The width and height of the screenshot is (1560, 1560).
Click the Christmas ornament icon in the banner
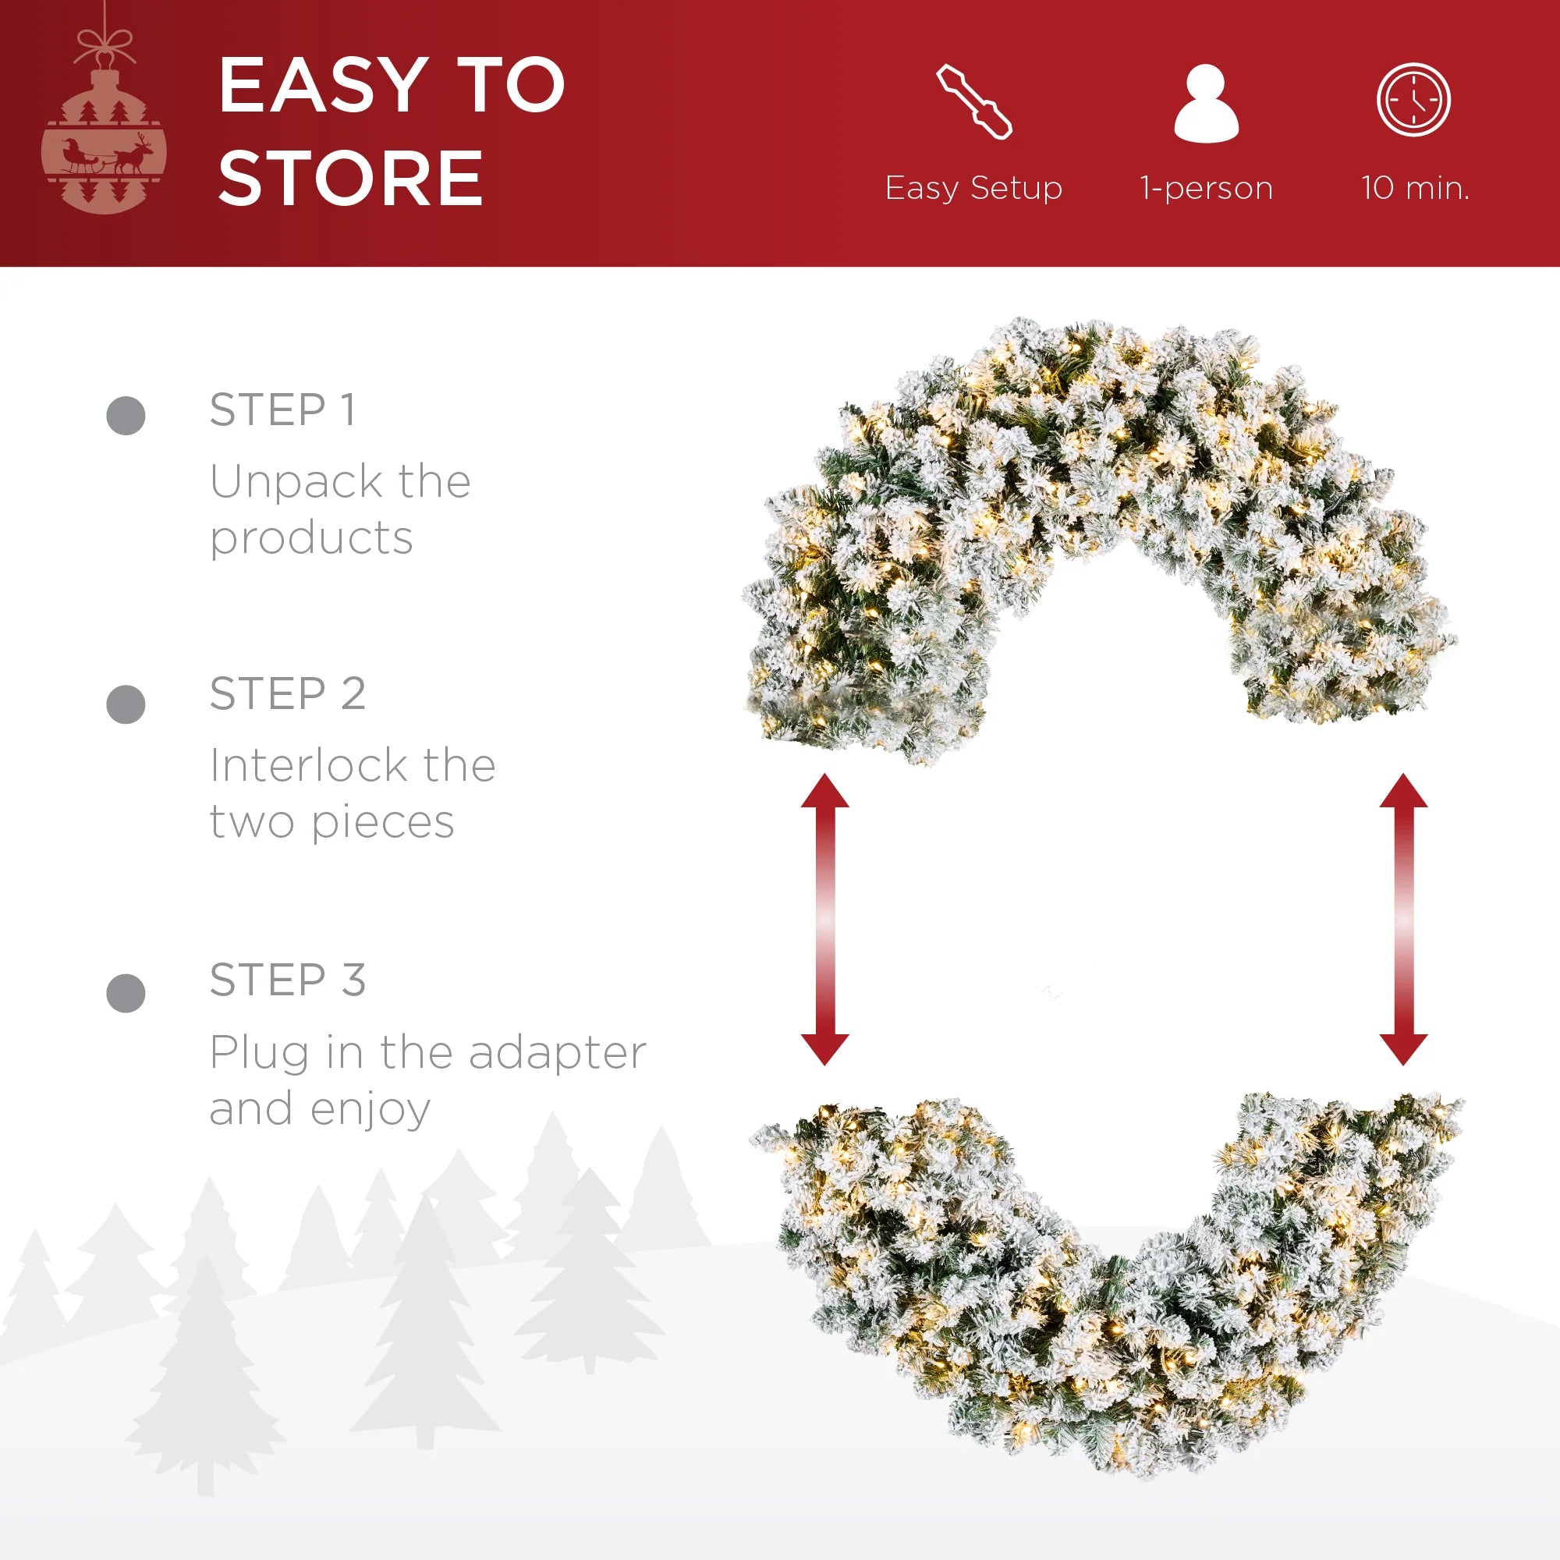105,121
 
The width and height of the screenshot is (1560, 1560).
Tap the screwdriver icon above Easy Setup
973,101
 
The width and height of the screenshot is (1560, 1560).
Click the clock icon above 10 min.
1414,100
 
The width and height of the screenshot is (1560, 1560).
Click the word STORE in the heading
351,178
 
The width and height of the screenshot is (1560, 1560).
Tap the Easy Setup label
973,188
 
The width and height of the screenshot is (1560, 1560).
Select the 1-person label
1207,188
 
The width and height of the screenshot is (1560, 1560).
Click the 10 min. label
1415,187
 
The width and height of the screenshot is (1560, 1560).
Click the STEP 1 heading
282,409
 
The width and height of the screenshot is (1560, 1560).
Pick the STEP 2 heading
288,693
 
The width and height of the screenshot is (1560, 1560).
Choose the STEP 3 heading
288,980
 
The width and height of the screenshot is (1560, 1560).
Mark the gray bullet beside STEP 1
126,416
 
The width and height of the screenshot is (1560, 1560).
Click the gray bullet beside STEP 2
126,704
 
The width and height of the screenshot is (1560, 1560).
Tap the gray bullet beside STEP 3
126,992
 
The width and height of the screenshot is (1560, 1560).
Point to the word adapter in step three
558,1053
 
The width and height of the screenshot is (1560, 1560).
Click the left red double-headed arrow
825,919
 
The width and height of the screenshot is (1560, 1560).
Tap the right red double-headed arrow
1403,919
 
